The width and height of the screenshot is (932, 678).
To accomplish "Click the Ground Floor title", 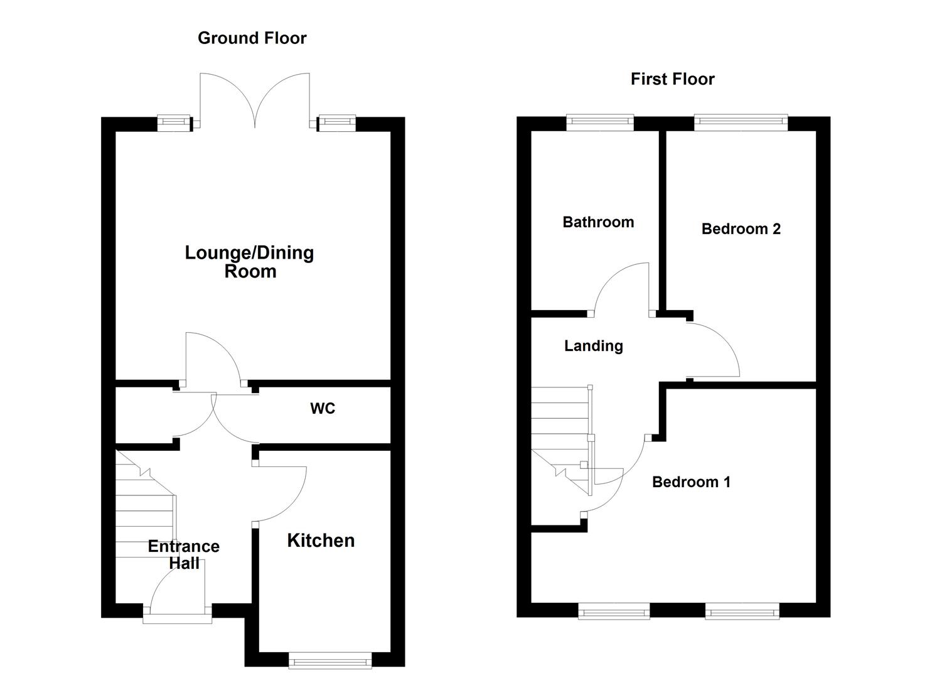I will click(252, 38).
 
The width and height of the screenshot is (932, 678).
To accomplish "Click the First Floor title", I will click(672, 79).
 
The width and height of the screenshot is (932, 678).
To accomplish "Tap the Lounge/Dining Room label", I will click(249, 262).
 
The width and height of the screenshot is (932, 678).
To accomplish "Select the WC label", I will click(323, 409).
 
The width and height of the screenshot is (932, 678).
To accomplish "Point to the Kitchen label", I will click(321, 541).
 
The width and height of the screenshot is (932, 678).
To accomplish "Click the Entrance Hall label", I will click(183, 554).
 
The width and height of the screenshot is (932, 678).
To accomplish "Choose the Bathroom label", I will click(598, 222).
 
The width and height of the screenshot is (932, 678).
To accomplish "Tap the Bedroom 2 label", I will click(741, 229).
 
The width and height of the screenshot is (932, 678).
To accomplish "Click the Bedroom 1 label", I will click(691, 482).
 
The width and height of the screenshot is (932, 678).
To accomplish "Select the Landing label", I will click(593, 346).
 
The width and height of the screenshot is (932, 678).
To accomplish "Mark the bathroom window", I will click(600, 122).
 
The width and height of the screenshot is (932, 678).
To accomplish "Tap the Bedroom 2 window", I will click(741, 122).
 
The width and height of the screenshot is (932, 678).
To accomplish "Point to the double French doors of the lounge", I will click(254, 100).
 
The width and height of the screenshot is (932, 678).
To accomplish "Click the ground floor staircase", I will click(144, 508).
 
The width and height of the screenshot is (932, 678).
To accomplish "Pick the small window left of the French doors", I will click(173, 123).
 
